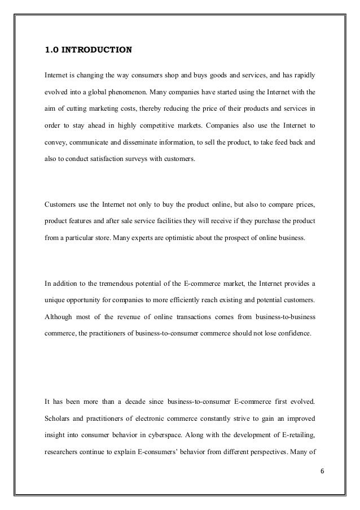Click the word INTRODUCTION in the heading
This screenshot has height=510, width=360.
[x=98, y=49]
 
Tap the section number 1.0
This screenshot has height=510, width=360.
[x=52, y=49]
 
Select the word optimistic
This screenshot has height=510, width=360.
[x=177, y=238]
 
